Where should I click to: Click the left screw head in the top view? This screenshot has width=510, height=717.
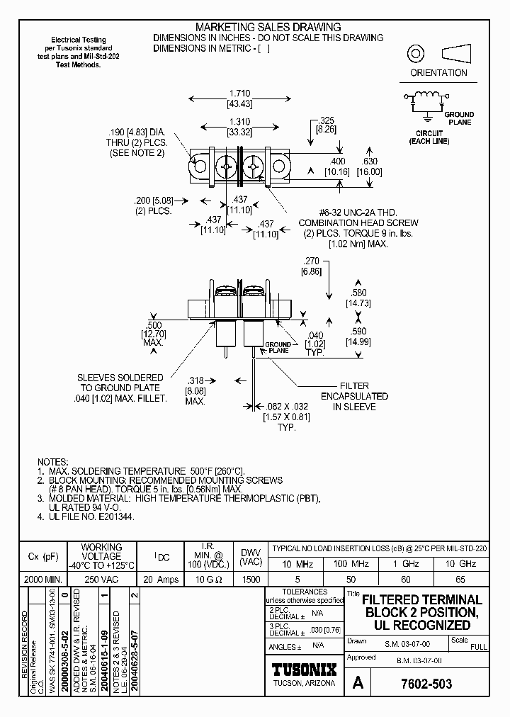click(x=225, y=167)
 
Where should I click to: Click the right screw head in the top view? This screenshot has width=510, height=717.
click(x=253, y=167)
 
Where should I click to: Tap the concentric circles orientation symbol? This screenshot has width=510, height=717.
click(x=414, y=54)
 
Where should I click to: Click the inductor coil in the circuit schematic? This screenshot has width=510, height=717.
click(x=427, y=96)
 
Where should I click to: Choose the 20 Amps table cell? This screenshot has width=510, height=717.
click(x=161, y=579)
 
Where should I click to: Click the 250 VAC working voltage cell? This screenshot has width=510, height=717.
click(x=101, y=579)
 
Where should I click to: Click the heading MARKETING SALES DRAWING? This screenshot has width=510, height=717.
click(x=247, y=28)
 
